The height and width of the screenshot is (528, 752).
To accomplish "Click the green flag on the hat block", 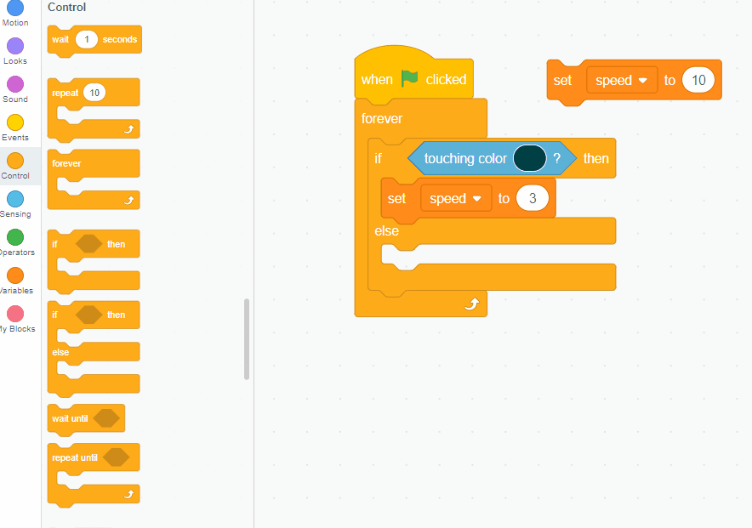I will pyautogui.click(x=410, y=78).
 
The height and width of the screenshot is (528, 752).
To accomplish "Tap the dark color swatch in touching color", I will pyautogui.click(x=529, y=158).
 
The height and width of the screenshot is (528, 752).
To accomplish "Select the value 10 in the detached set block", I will pyautogui.click(x=698, y=80).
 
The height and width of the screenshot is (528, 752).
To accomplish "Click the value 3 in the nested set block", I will pyautogui.click(x=533, y=199).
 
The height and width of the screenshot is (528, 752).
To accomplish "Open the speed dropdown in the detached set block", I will pyautogui.click(x=621, y=80).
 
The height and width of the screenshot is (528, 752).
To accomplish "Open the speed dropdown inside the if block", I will pyautogui.click(x=455, y=199).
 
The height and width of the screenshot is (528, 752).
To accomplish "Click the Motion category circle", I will pyautogui.click(x=15, y=8).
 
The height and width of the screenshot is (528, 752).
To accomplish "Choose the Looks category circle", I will pyautogui.click(x=15, y=46).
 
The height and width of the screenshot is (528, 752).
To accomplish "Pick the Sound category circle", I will pyautogui.click(x=15, y=84).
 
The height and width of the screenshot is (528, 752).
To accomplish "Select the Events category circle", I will pyautogui.click(x=15, y=122).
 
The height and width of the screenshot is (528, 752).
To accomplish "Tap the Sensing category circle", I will pyautogui.click(x=15, y=199).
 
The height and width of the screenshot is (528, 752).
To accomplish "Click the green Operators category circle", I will pyautogui.click(x=15, y=237).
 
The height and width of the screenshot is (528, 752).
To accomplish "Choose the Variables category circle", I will pyautogui.click(x=15, y=275).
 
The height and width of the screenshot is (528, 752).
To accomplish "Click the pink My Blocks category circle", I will pyautogui.click(x=15, y=314).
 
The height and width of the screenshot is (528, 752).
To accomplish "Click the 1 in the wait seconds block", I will pyautogui.click(x=87, y=39).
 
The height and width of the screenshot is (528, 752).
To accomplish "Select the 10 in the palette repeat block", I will pyautogui.click(x=94, y=93).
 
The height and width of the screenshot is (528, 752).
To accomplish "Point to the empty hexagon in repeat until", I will pyautogui.click(x=116, y=457).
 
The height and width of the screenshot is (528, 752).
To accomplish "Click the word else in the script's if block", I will pyautogui.click(x=386, y=231).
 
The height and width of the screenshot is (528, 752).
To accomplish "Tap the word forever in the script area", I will pyautogui.click(x=382, y=119).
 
